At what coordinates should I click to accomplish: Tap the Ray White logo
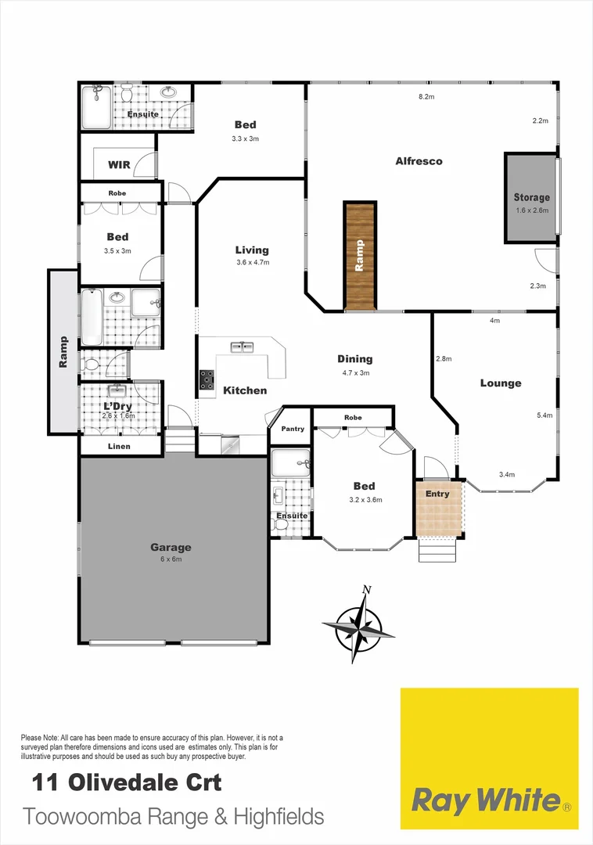489,800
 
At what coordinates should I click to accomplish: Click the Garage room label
171,548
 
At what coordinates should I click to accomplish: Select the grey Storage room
531,197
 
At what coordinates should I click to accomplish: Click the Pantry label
293,428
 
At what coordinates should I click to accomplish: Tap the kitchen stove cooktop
207,379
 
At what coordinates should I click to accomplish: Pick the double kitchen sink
241,347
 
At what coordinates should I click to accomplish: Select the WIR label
119,165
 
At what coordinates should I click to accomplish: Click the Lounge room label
501,383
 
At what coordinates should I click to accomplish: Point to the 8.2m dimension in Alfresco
426,97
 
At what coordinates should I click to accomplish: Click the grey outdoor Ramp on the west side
63,351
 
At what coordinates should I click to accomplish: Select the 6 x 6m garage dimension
171,559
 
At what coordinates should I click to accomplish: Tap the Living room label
252,250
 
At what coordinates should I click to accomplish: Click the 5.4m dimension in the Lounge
545,415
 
